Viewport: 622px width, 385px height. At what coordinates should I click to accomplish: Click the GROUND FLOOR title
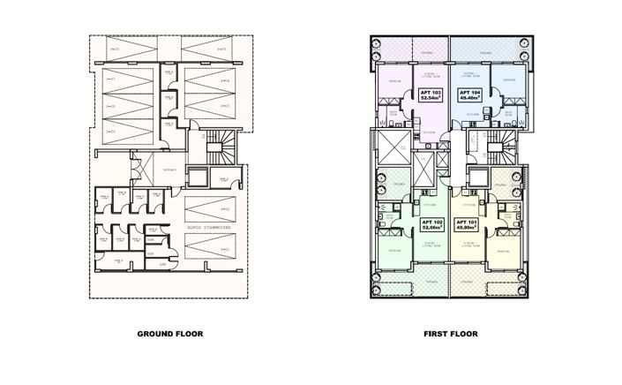(170, 335)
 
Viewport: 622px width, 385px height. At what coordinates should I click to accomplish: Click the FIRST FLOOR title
(450, 335)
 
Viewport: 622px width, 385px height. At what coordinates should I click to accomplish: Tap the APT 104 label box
(468, 94)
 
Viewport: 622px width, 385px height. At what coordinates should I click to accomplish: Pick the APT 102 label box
(431, 223)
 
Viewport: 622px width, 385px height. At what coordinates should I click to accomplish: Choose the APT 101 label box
(466, 223)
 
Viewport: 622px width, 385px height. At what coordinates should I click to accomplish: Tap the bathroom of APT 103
(389, 116)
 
